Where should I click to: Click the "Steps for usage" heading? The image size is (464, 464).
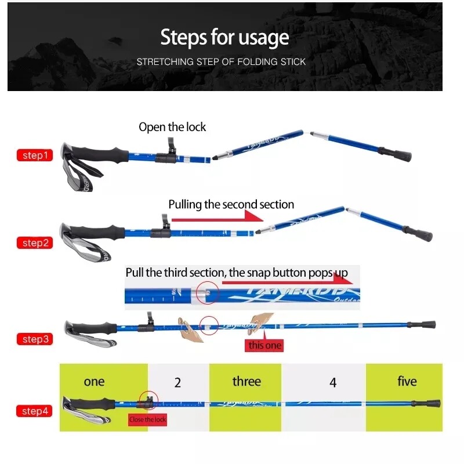(224, 38)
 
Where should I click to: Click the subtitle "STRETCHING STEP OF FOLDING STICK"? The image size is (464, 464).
(221, 61)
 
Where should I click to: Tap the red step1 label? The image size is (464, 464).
(34, 155)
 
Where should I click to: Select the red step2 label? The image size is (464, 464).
(34, 243)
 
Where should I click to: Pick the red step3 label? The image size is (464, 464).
(34, 339)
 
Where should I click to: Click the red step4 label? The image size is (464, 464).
(34, 411)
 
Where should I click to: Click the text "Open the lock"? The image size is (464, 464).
(172, 127)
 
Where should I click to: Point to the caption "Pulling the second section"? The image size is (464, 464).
(231, 205)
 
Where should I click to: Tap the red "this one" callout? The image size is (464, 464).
(265, 346)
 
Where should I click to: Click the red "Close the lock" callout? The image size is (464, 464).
(147, 419)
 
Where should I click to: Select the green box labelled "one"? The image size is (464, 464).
(94, 382)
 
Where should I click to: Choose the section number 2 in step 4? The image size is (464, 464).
(177, 383)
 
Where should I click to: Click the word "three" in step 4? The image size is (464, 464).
(246, 382)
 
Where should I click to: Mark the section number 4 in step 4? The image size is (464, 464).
(332, 383)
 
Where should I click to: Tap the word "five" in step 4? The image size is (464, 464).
(407, 382)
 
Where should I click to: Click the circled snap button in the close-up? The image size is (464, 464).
(206, 293)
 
